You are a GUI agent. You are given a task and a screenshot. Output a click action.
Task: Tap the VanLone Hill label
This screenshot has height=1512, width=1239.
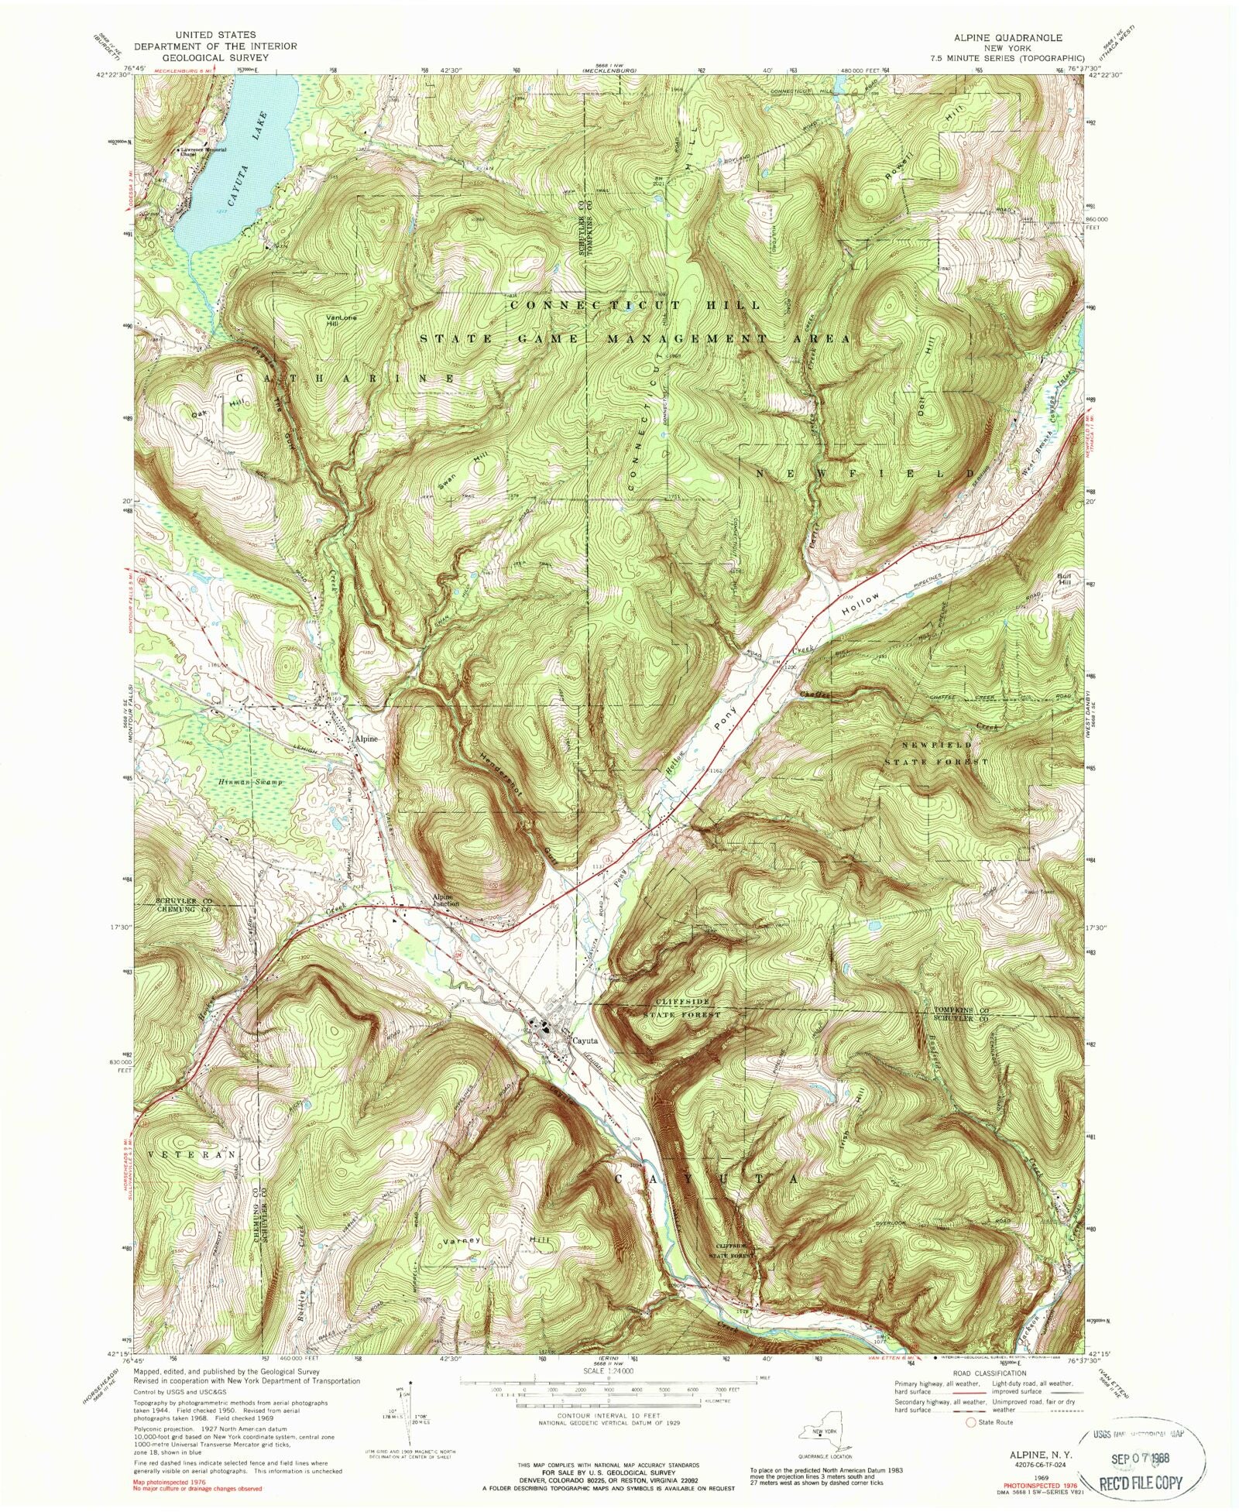coord(338,321)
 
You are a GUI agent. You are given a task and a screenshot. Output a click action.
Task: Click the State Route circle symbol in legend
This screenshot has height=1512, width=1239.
coord(970,1421)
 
